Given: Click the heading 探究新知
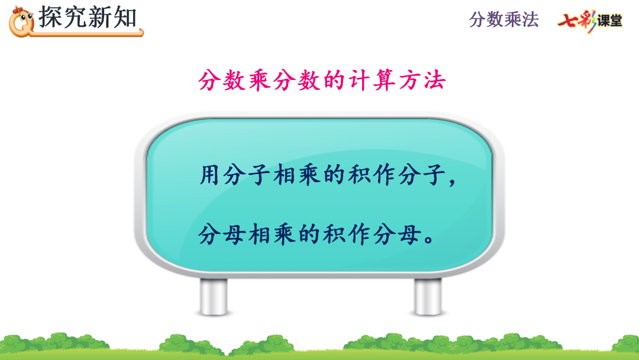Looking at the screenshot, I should [x=88, y=17].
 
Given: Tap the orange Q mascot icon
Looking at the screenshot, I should [x=22, y=20].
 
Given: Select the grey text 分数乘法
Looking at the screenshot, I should [x=504, y=20].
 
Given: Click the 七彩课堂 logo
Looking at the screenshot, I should [x=589, y=21].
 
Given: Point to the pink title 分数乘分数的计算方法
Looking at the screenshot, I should [x=321, y=81].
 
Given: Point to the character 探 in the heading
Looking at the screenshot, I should [x=51, y=17].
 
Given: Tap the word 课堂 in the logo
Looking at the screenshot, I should [x=609, y=21].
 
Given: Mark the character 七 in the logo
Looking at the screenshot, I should [x=567, y=20].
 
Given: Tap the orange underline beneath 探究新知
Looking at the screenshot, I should [x=89, y=34].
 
